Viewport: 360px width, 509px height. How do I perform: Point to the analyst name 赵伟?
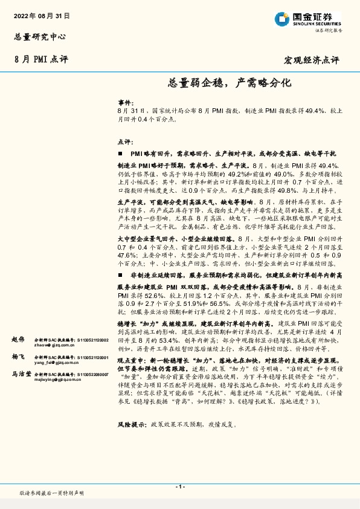[19, 340]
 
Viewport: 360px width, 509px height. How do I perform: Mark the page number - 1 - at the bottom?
[179, 487]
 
